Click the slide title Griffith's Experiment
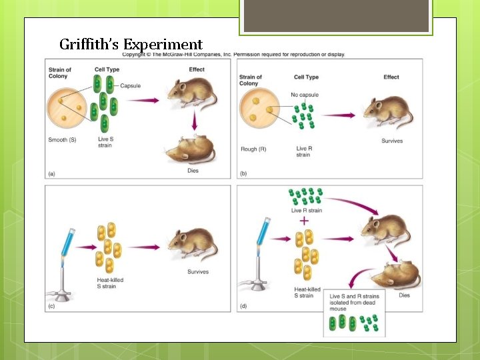(x=131, y=45)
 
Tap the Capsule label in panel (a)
(x=130, y=85)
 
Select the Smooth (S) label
(x=62, y=140)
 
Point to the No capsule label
(x=303, y=95)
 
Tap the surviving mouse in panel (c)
(x=194, y=244)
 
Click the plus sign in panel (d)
(x=305, y=220)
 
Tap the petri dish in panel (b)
(x=263, y=111)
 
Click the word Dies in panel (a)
(x=193, y=171)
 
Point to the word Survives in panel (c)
(x=198, y=272)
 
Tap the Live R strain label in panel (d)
(x=307, y=210)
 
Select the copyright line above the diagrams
(x=233, y=55)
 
